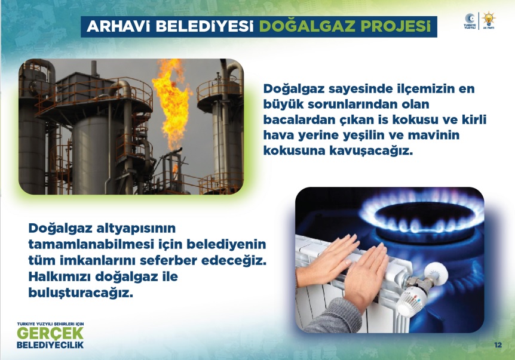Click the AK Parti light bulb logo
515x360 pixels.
[x=489, y=21]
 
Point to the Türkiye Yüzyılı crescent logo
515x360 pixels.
[x=470, y=21]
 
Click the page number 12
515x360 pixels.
[x=498, y=344]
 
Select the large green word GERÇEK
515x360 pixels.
[x=50, y=333]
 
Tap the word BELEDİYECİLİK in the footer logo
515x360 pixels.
[x=50, y=345]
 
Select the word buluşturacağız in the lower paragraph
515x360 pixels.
[x=81, y=293]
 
